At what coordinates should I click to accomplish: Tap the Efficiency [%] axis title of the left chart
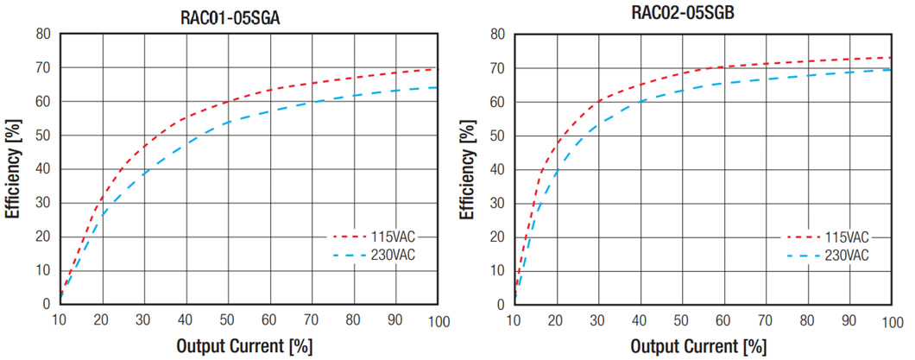pos(15,169)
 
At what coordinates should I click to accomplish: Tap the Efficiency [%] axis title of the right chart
pos(468,169)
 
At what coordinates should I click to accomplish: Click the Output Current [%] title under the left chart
pos(244,347)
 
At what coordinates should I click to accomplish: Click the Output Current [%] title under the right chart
pos(697,347)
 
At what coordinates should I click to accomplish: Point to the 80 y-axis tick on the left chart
pos(42,35)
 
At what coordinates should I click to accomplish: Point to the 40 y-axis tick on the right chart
pos(495,169)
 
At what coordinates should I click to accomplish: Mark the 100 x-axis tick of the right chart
pos(891,321)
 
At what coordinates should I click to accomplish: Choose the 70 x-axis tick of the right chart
pos(766,321)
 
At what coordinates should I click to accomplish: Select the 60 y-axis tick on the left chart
pos(42,102)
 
